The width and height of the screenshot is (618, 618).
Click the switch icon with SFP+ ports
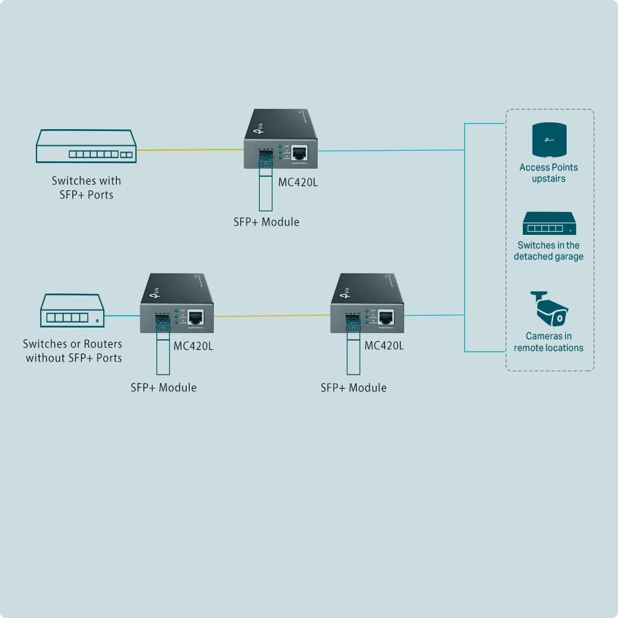[x=86, y=146]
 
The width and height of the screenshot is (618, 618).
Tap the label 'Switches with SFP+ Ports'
[x=86, y=187]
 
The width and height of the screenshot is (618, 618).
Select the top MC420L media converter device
[x=281, y=139]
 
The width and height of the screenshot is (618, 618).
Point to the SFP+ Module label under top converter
[x=266, y=222]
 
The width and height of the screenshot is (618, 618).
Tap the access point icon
[x=549, y=140]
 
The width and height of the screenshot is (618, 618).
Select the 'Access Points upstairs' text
[x=549, y=173]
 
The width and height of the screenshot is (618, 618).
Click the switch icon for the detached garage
[x=549, y=224]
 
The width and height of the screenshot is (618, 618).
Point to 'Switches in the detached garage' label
[x=549, y=251]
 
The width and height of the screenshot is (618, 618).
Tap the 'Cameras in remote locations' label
[x=549, y=342]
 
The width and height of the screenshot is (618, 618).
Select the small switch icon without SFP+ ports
[x=72, y=310]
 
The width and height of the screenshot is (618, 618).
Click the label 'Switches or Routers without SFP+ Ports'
[x=73, y=351]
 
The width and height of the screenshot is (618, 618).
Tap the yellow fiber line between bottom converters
[x=272, y=316]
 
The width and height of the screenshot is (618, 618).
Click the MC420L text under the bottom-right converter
[x=384, y=345]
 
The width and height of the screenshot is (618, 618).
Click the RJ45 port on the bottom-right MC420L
[x=386, y=318]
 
